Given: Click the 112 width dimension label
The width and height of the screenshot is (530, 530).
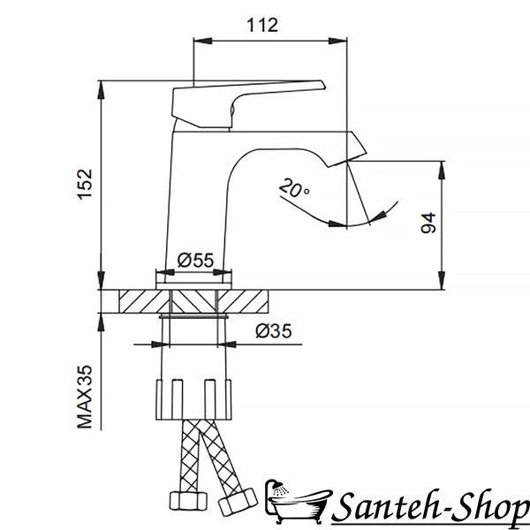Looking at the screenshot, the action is click(x=262, y=26).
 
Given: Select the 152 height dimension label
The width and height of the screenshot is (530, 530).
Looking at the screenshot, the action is click(x=85, y=185).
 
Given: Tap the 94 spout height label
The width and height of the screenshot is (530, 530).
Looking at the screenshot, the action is click(x=428, y=223).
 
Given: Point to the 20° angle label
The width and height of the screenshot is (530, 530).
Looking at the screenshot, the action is click(x=293, y=188).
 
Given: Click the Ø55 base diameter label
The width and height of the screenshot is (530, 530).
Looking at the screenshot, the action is click(x=195, y=261).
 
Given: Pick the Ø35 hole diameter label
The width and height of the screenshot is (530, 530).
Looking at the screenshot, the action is click(x=274, y=331).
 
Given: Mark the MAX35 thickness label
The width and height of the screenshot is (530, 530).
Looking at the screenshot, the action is click(x=85, y=397).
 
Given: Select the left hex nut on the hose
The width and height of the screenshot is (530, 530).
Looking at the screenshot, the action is click(x=188, y=501).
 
